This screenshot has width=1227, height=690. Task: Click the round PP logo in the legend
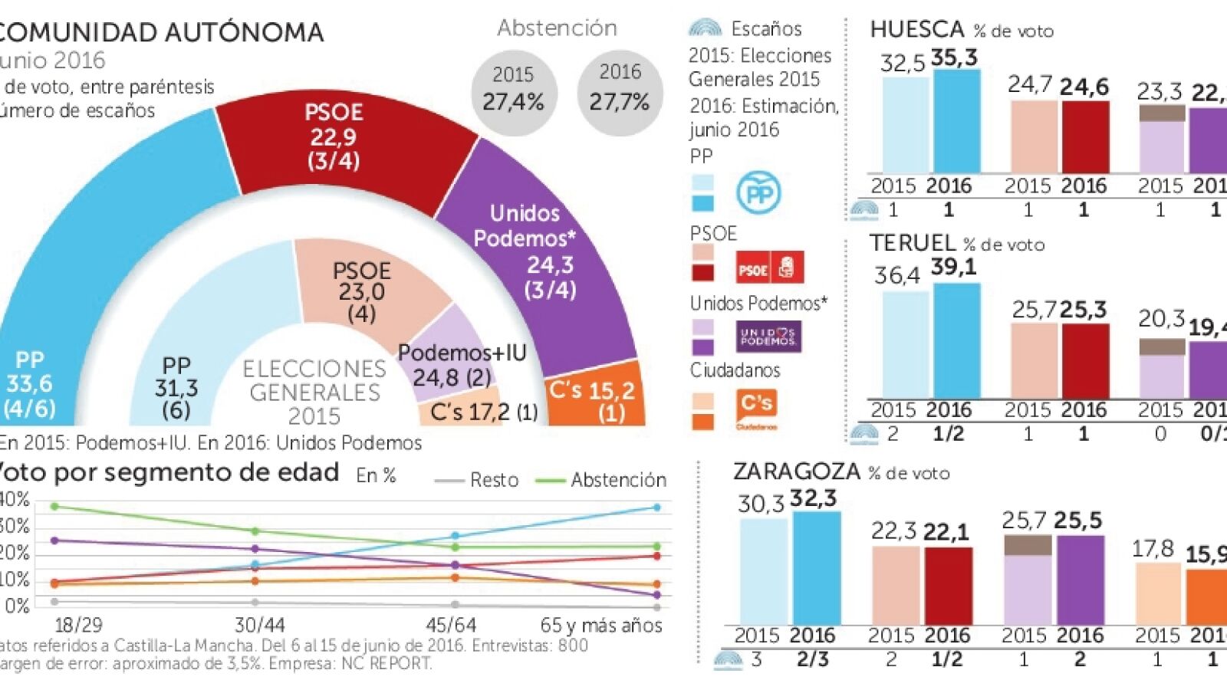758,193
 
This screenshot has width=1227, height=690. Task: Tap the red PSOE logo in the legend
769,268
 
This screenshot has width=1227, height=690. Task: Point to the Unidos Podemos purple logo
768,337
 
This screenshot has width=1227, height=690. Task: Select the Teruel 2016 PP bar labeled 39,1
956,341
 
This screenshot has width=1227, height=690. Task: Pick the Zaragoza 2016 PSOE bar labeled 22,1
948,586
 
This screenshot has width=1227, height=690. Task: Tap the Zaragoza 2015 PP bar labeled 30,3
763,571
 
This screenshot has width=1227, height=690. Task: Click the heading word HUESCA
916,29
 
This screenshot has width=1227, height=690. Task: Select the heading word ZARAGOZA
797,472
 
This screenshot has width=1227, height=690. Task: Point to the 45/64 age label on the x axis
451,625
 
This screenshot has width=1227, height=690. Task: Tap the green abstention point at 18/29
54,507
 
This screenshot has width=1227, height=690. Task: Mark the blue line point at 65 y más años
656,508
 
